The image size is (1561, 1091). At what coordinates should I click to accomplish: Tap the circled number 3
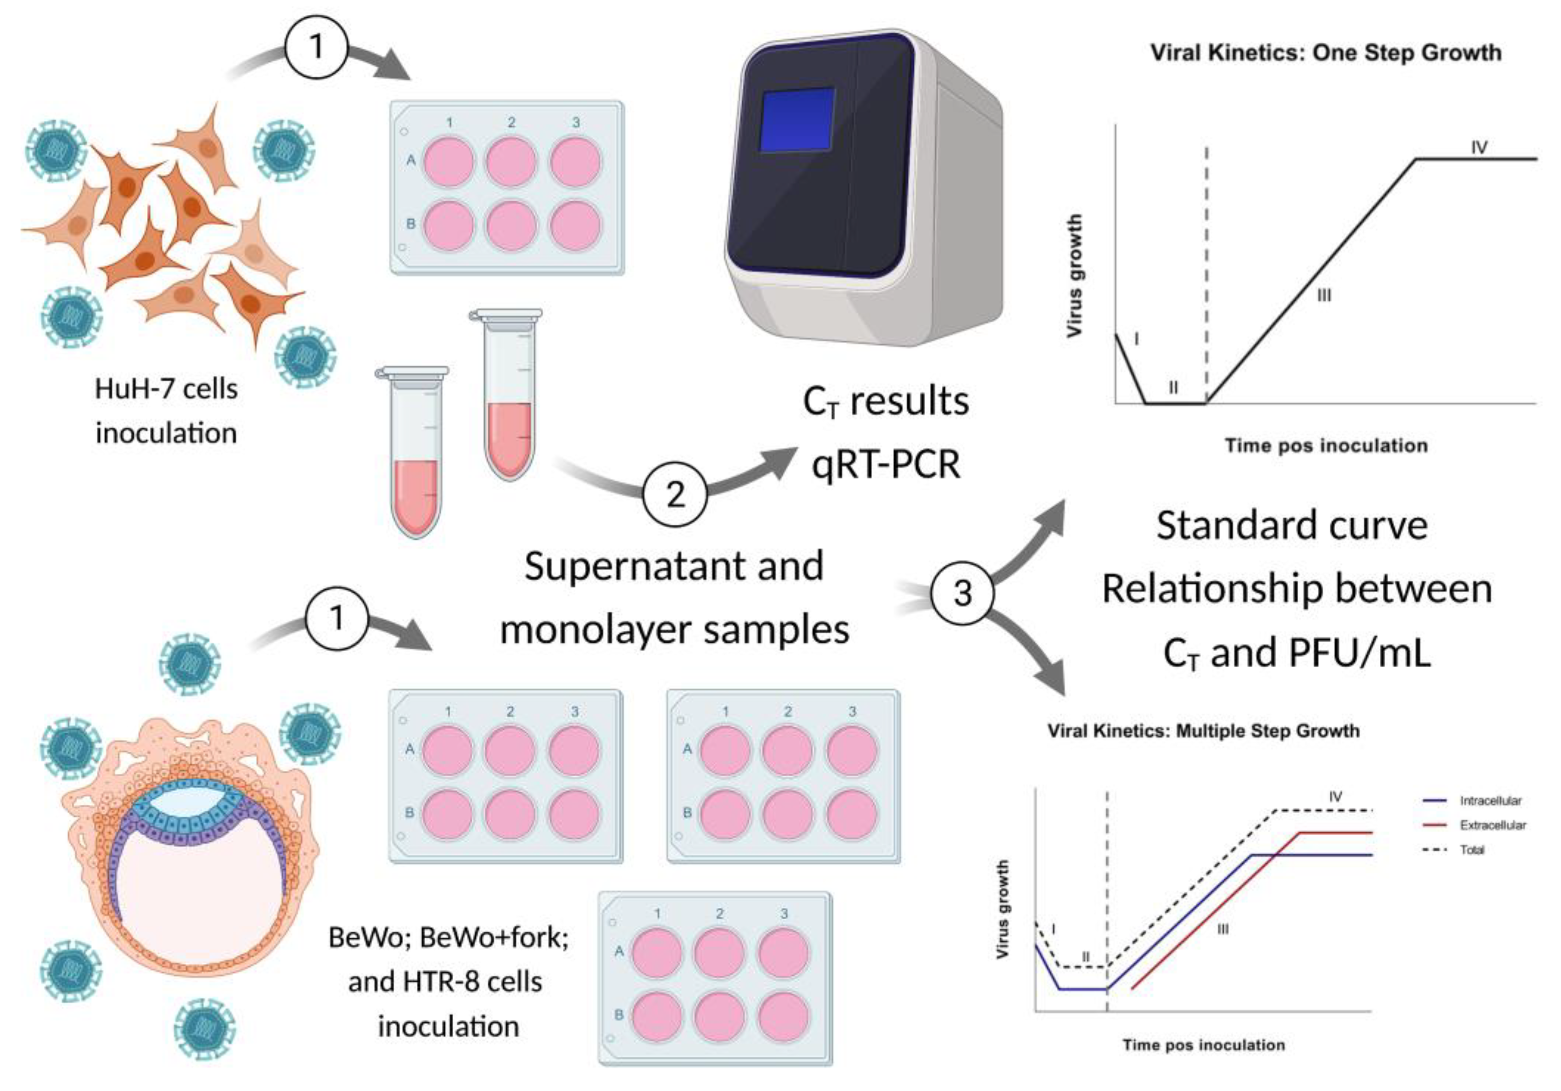coord(961,592)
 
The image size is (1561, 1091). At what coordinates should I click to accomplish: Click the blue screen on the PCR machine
coord(797,118)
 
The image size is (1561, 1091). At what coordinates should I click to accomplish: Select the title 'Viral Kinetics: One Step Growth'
coord(1326,53)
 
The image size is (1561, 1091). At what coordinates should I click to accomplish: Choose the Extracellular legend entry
coord(1492,825)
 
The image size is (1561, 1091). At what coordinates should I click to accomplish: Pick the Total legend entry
coord(1472,850)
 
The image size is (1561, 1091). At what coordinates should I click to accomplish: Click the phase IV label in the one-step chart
coord(1479,147)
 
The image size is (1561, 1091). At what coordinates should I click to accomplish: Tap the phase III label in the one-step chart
coord(1324,296)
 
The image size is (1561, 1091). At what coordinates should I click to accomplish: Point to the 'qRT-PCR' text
coord(886,464)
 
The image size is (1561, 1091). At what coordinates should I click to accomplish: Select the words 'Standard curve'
coord(1292,525)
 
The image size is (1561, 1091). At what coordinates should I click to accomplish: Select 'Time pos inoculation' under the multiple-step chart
coord(1204,1045)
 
